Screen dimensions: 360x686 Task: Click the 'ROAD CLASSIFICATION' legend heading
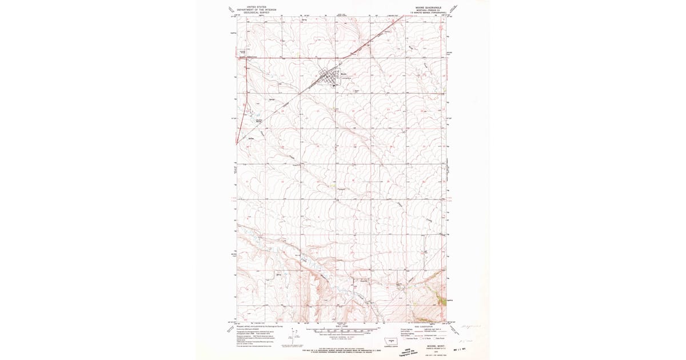click(422, 326)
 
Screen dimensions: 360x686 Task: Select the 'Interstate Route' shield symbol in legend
click(406, 339)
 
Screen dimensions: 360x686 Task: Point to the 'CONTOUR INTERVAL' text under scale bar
click(341, 337)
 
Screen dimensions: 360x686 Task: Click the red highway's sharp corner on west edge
click(239, 58)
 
